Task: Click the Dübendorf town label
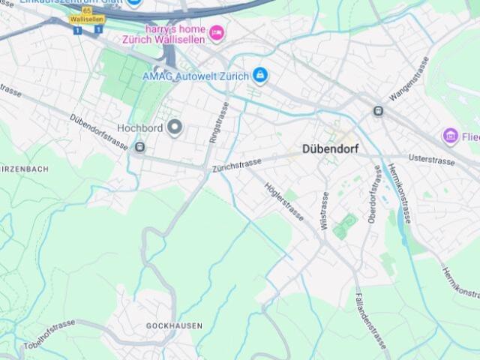coord(330,148)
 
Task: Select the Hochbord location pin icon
coord(175,127)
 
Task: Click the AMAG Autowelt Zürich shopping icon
coord(260,75)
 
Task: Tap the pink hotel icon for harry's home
coord(217,32)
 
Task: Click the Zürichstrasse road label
coord(236,165)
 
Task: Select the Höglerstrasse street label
coord(284,202)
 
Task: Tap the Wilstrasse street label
coord(324,209)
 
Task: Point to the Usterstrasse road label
coord(431,160)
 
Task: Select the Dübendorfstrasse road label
coord(99,132)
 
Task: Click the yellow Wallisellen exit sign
coord(86,19)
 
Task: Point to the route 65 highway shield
coord(87,10)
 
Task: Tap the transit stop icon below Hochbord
coord(139,148)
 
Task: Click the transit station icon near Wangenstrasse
coord(378,111)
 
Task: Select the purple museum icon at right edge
coord(450,136)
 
